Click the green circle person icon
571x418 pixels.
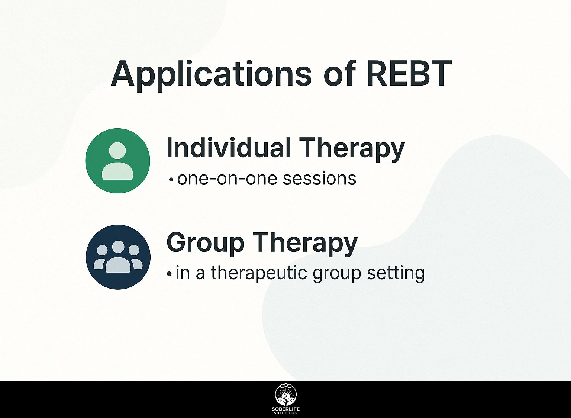point(117,161)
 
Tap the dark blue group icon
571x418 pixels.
point(118,257)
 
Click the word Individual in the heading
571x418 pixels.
point(229,148)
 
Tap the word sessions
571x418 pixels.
point(320,179)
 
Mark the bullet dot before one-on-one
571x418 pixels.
point(171,180)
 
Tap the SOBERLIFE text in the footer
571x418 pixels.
point(286,409)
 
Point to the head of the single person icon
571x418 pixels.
point(117,151)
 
